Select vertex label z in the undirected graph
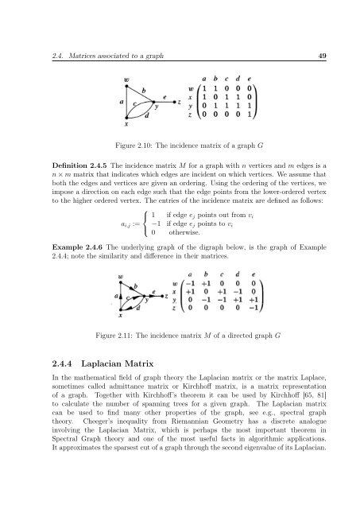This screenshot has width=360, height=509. click(180, 103)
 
